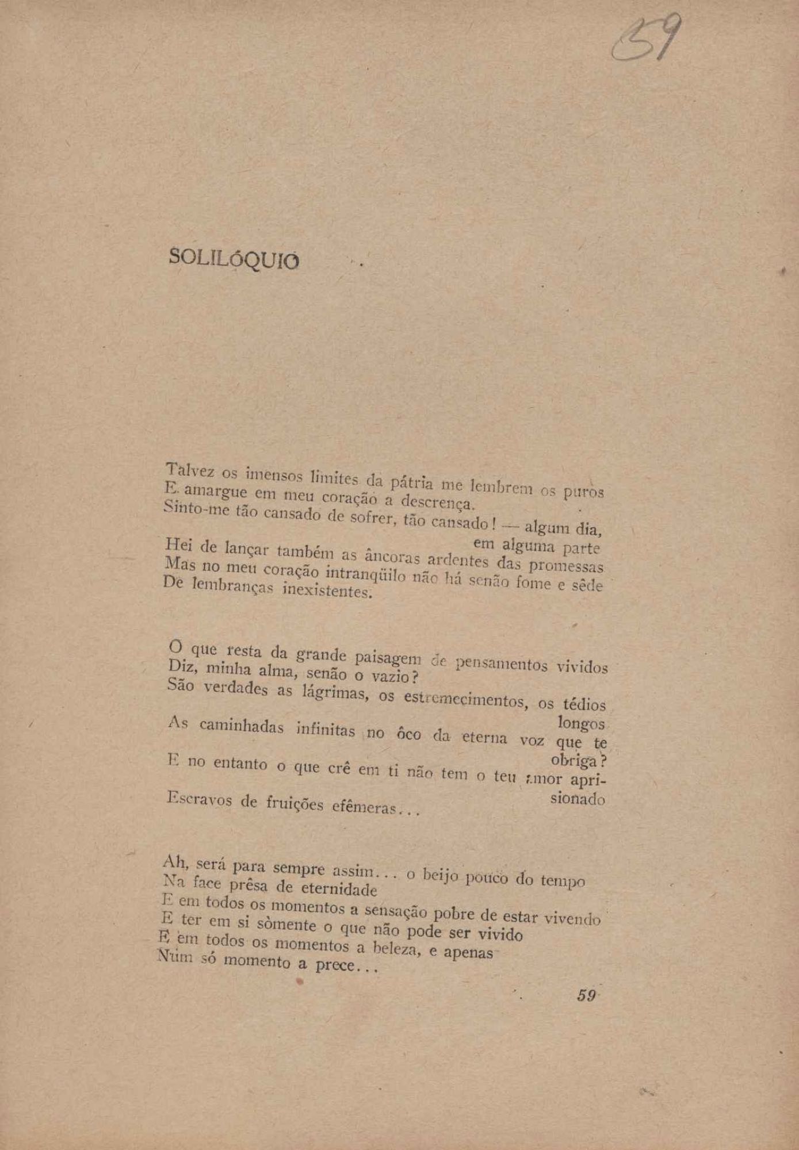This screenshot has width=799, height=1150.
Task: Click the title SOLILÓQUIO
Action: tap(234, 259)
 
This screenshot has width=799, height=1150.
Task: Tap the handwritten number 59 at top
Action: tap(647, 39)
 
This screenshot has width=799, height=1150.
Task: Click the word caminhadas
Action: tap(242, 726)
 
